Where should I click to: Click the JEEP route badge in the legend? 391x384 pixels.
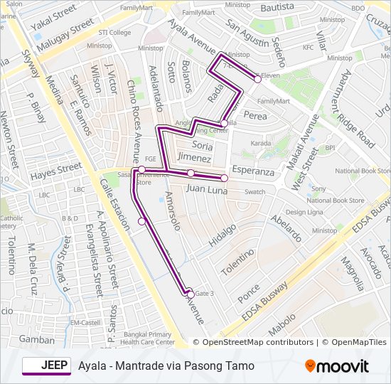[x=46, y=366]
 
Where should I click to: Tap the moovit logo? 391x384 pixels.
[x=337, y=366]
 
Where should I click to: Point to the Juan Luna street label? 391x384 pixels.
[x=207, y=190]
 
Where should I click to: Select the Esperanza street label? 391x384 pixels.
[x=253, y=171]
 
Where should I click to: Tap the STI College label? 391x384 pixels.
[x=114, y=33]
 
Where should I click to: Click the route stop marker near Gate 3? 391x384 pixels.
[x=190, y=292]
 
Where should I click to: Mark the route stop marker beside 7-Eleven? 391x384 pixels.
[x=257, y=79]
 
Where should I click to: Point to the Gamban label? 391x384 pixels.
[x=37, y=339]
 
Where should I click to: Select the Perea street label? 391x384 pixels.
[x=255, y=114]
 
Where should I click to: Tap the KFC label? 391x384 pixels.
[x=308, y=48]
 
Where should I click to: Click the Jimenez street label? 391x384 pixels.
[x=194, y=157]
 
